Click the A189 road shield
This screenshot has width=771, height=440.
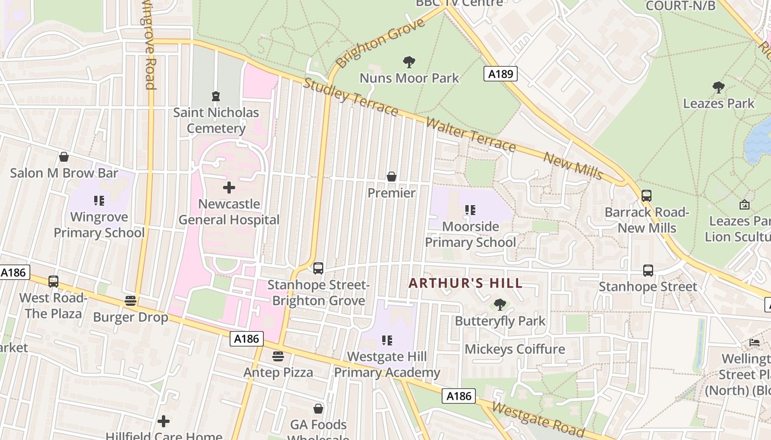click(x=501, y=74)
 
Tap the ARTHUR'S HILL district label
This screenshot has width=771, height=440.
click(x=465, y=284)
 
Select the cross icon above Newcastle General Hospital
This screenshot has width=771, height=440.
click(x=229, y=188)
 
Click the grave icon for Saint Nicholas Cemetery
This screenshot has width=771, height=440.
click(x=216, y=96)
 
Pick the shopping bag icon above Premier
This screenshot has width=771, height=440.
click(x=392, y=177)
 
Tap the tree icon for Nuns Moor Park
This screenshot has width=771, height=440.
click(x=409, y=62)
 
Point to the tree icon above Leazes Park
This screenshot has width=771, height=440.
click(x=718, y=87)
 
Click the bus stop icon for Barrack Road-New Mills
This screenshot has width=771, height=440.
click(x=647, y=195)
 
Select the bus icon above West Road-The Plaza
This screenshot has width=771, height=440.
click(x=53, y=281)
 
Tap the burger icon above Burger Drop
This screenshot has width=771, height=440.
click(x=131, y=300)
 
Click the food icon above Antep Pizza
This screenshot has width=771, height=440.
click(x=278, y=356)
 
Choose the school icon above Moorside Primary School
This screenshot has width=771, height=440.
click(x=470, y=210)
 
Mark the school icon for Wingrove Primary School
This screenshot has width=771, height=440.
click(x=99, y=200)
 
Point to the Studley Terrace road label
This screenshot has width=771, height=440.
click(x=350, y=97)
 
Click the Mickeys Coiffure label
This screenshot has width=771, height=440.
click(x=515, y=349)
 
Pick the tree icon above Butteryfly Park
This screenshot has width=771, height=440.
click(x=500, y=304)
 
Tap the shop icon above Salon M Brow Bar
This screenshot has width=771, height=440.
click(x=64, y=157)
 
